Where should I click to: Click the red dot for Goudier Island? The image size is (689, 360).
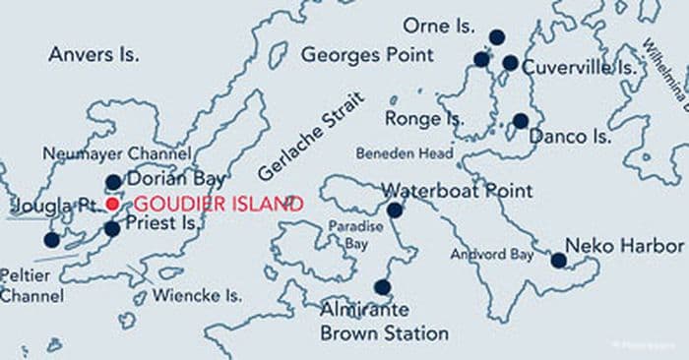(x=112, y=204)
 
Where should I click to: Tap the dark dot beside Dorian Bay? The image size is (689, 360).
(x=113, y=182)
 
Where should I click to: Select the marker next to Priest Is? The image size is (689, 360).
(x=112, y=228)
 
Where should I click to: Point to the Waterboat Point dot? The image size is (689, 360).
(x=395, y=210)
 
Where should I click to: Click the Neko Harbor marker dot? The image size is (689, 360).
(x=558, y=261)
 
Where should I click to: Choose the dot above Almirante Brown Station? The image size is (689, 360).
(x=383, y=287)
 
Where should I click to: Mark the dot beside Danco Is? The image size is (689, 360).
(x=520, y=121)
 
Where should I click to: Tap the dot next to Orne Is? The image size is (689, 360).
(x=497, y=37)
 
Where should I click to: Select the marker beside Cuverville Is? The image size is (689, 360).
(x=510, y=63)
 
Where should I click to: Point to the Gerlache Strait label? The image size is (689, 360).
(x=311, y=136)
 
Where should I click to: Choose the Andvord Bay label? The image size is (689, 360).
(x=492, y=255)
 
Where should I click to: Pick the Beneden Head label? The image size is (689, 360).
(x=404, y=153)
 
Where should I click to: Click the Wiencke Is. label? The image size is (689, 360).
(x=197, y=294)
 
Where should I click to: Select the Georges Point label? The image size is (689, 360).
(x=364, y=53)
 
